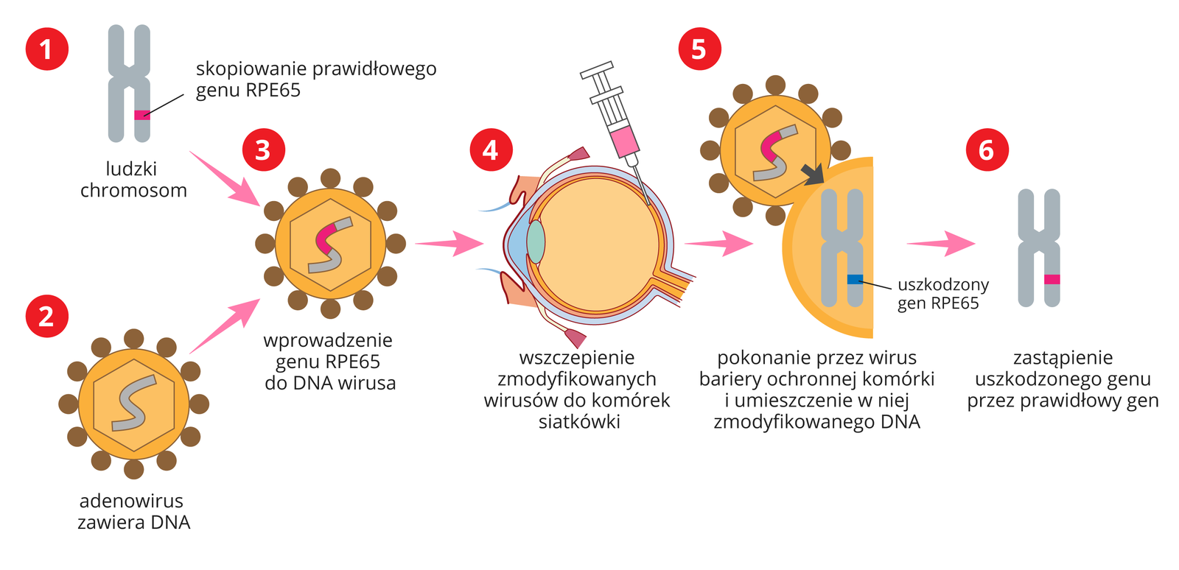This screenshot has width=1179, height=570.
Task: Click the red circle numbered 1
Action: click(47, 49)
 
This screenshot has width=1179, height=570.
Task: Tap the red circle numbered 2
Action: click(47, 316)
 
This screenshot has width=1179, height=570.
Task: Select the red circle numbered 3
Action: click(263, 150)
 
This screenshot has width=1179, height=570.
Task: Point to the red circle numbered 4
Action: click(491, 150)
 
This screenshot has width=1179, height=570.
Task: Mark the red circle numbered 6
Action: click(987, 150)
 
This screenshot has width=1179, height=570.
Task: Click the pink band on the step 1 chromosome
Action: click(141, 115)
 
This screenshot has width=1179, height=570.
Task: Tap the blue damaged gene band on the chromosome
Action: click(855, 279)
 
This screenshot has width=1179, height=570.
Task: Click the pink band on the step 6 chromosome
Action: click(1052, 279)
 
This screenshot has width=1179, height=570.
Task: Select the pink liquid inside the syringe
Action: click(624, 140)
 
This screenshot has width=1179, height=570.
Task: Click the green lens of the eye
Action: click(536, 242)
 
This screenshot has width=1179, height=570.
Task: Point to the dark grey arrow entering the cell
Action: click(813, 174)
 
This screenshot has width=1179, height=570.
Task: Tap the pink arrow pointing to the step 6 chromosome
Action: click(941, 242)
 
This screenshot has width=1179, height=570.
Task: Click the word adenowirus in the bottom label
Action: click(131, 501)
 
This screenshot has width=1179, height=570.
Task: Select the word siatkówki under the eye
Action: click(578, 422)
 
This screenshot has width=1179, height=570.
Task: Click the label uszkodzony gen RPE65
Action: click(942, 294)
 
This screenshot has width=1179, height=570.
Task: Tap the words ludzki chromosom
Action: click(133, 180)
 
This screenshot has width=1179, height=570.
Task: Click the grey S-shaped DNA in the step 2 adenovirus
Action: click(133, 404)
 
